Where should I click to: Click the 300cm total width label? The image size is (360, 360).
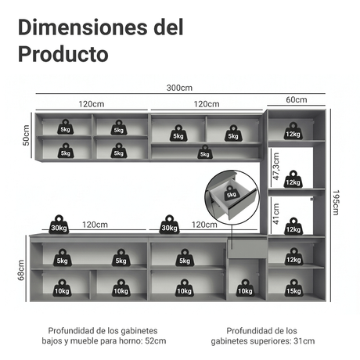pos(179,88)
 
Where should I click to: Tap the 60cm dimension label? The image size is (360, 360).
pos(297,99)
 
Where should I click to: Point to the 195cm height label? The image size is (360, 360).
pos(336,203)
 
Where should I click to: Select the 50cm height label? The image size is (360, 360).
pos(27,135)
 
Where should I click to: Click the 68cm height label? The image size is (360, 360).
pos(21,270)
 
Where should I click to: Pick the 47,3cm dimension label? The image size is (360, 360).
pos(275,167)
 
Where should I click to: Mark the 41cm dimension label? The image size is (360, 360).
pos(275,214)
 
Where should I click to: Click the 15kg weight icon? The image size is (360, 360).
pos(293,288)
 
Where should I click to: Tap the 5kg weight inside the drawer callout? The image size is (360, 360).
pos(231,193)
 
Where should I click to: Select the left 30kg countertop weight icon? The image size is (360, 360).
pos(59,225)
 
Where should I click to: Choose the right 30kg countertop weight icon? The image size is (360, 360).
pos(169,225)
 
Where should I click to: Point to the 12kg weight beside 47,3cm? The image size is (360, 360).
pos(293,179)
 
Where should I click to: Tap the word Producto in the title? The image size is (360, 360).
pos(63,54)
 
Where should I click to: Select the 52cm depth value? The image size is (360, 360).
pos(155,341)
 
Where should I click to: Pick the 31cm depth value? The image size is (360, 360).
pos(304,341)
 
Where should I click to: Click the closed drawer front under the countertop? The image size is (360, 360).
pos(247,249)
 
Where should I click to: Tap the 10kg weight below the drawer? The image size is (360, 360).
pos(245,288)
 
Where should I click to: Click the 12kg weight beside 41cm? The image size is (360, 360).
pos(293,226)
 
